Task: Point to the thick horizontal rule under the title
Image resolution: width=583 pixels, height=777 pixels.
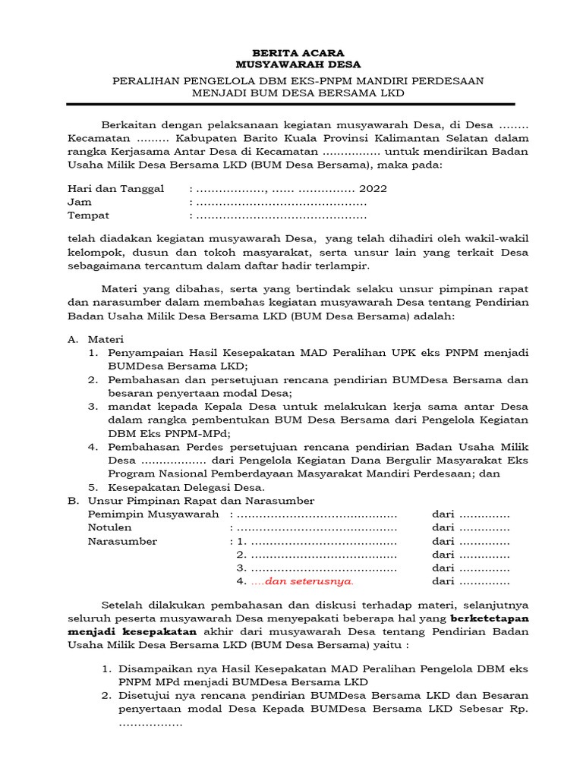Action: tap(291, 104)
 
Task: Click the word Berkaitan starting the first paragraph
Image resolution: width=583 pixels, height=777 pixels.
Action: tap(128, 125)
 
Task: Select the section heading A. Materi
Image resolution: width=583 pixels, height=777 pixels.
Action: tap(96, 339)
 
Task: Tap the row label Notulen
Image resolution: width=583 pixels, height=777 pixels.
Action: tap(109, 527)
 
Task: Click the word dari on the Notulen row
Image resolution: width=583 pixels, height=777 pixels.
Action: tap(443, 527)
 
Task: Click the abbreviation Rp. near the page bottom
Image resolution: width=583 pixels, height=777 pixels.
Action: tap(518, 709)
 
